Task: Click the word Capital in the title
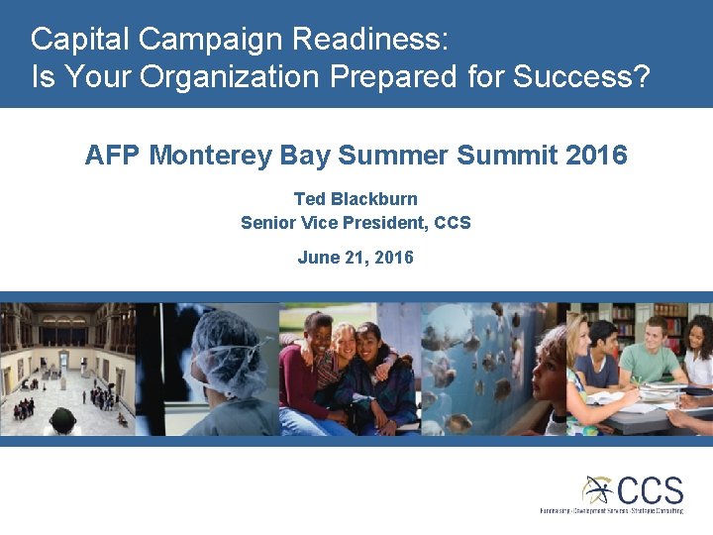click(x=80, y=40)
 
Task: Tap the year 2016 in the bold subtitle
click(x=596, y=156)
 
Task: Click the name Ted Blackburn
click(x=356, y=199)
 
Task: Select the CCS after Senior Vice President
click(x=453, y=223)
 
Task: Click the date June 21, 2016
click(x=356, y=258)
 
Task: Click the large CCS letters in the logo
click(x=650, y=489)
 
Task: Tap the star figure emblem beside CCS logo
click(x=597, y=489)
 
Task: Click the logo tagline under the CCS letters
click(x=611, y=511)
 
